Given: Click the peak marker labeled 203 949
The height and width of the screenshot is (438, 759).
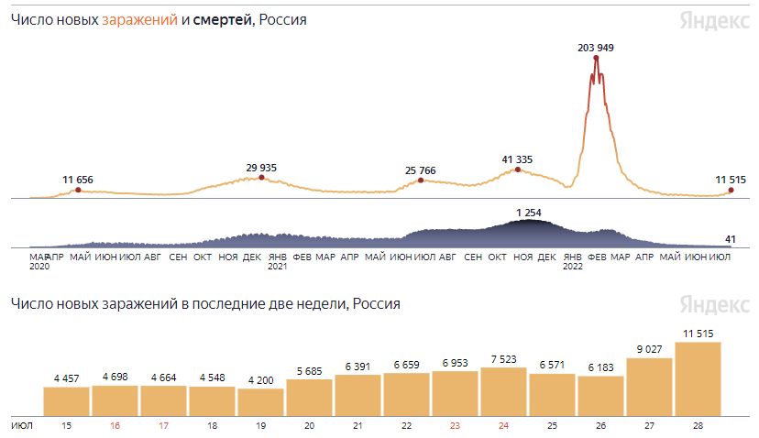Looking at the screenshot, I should coord(597,59).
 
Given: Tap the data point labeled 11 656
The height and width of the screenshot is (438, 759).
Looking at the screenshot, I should coord(78,190).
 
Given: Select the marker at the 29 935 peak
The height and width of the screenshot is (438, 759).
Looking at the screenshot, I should coord(261,178).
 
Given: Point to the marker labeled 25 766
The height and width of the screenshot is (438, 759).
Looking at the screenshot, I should coord(421,181).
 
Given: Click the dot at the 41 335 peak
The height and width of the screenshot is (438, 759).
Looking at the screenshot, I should coord(518,170).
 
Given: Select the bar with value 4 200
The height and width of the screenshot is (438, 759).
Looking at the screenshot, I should coord(260,401).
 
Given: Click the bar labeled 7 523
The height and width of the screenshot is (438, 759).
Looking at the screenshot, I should coord(503,390).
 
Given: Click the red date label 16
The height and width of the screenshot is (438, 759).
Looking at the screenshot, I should coord(115,426).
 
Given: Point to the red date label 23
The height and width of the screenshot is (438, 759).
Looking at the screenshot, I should coord(455,426).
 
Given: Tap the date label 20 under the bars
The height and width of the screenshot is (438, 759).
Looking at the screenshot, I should coord(309,426).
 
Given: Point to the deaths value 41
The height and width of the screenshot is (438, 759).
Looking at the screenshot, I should coord(731,239).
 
